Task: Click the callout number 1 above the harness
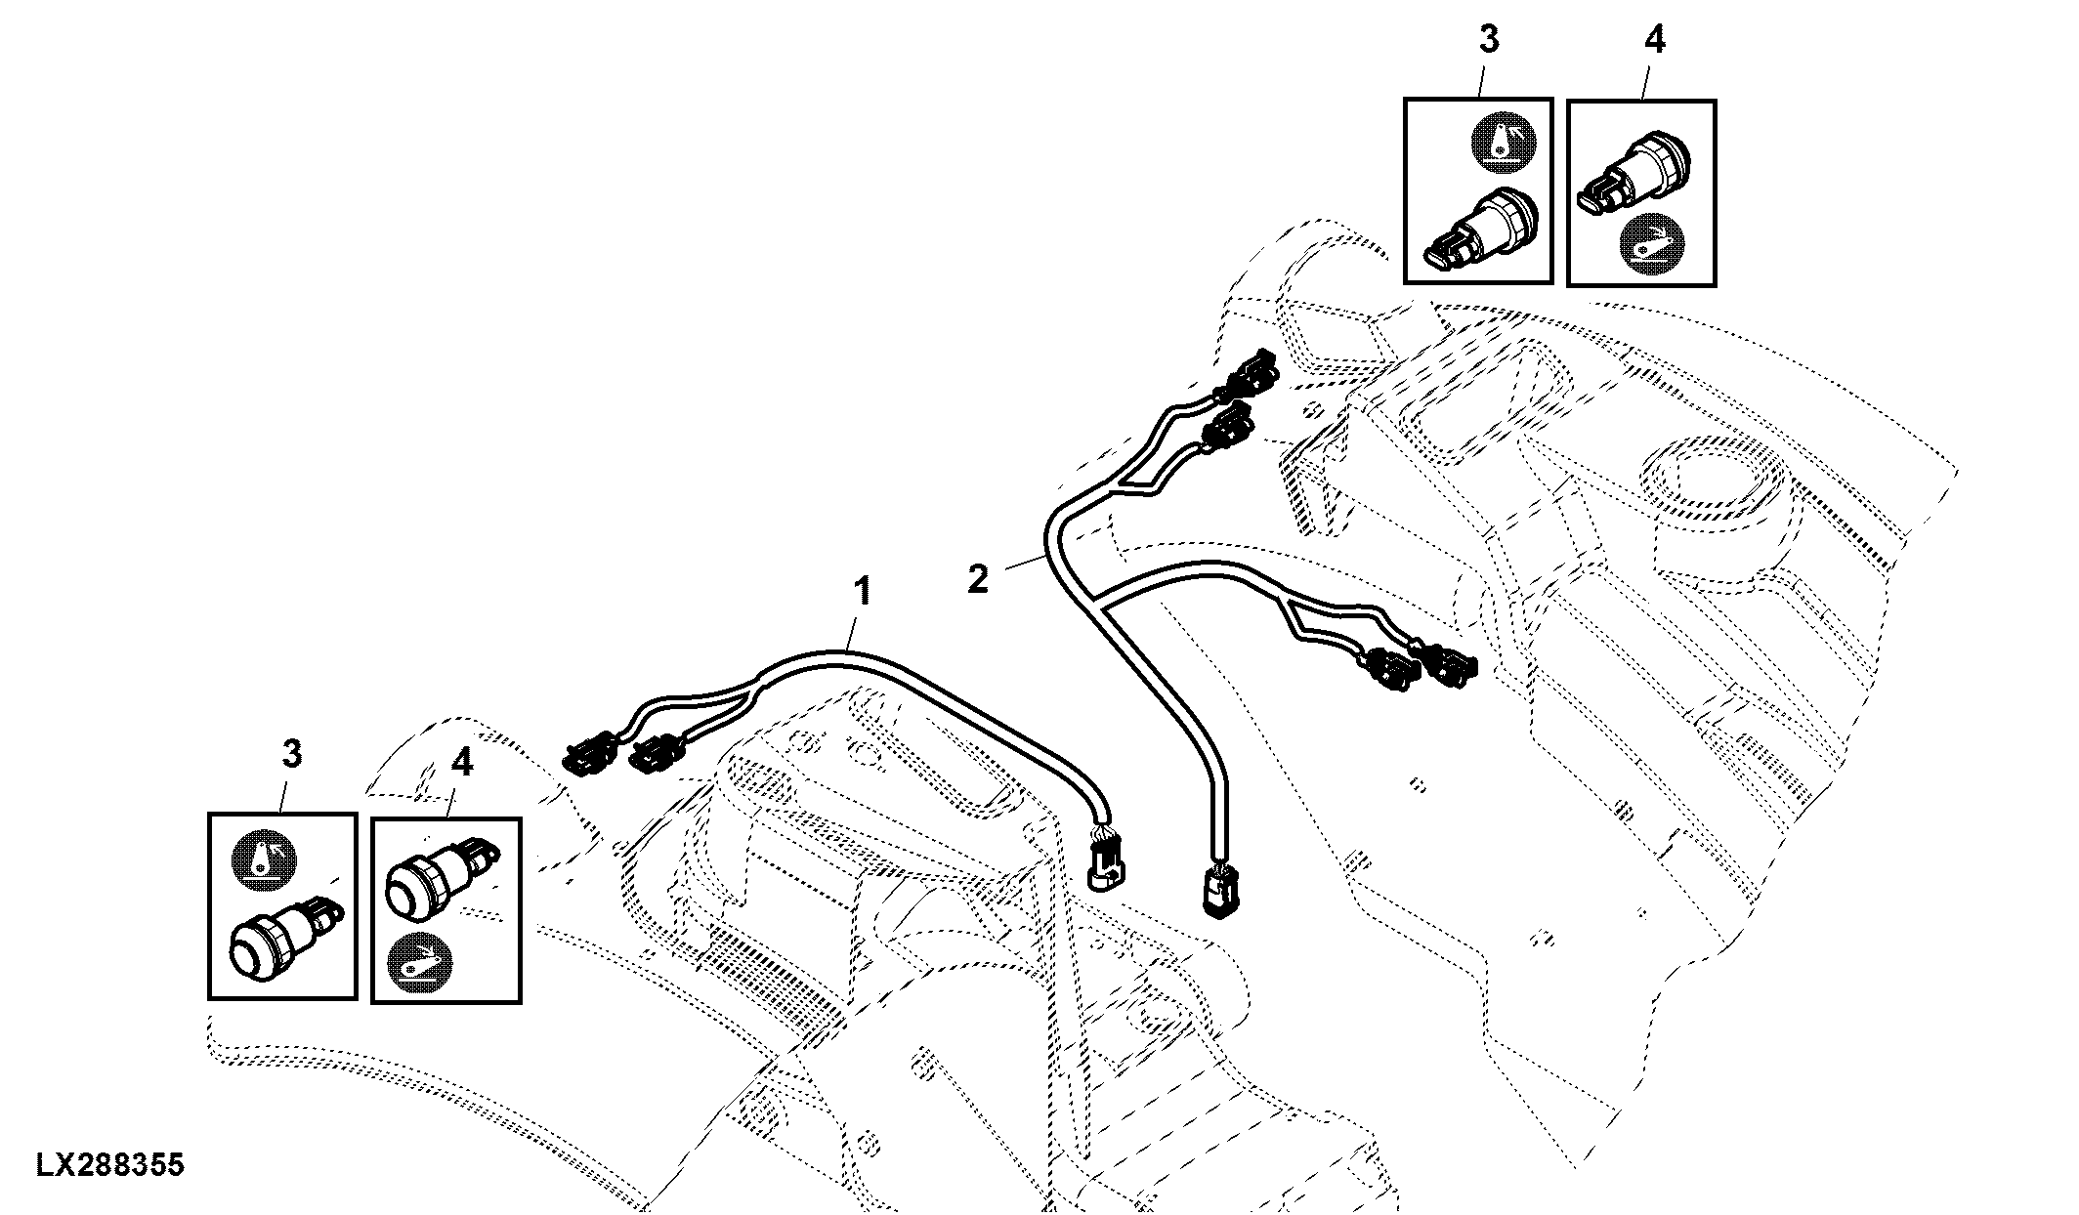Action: point(862,592)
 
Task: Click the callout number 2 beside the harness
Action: point(978,579)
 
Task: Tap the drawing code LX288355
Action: point(110,1165)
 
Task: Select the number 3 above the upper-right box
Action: point(1488,40)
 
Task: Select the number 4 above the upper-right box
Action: point(1655,40)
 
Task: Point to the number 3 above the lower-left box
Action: point(292,754)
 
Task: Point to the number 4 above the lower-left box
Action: point(461,763)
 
